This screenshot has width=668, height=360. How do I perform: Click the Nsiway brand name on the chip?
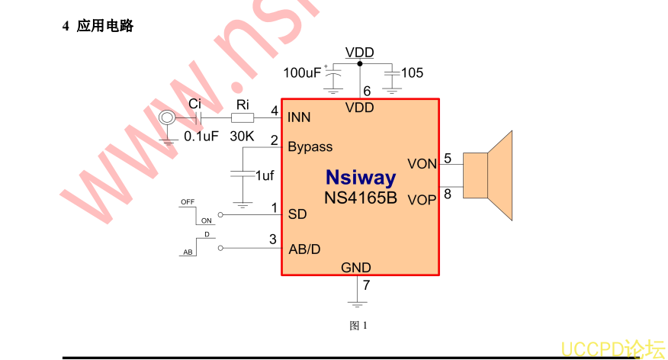361,178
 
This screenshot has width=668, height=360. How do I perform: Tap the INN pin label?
299,117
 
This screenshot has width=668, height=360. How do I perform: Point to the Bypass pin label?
310,146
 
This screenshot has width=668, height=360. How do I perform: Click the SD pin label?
297,214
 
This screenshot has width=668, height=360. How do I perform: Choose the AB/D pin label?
304,249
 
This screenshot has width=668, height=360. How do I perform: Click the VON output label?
422,164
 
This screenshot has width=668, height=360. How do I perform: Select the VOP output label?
422,200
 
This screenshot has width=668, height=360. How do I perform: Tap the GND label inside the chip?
356,268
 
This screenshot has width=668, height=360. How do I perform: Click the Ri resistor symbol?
242,117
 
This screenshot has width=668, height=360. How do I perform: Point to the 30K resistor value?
242,136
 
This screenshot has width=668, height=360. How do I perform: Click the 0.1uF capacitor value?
201,137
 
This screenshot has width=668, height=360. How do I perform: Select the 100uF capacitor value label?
302,73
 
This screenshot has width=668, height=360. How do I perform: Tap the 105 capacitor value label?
412,73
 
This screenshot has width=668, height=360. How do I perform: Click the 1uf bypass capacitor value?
265,175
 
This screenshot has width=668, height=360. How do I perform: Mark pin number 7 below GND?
366,286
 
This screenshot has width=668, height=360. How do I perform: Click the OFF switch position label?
187,202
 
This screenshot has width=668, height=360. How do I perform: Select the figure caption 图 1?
358,326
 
